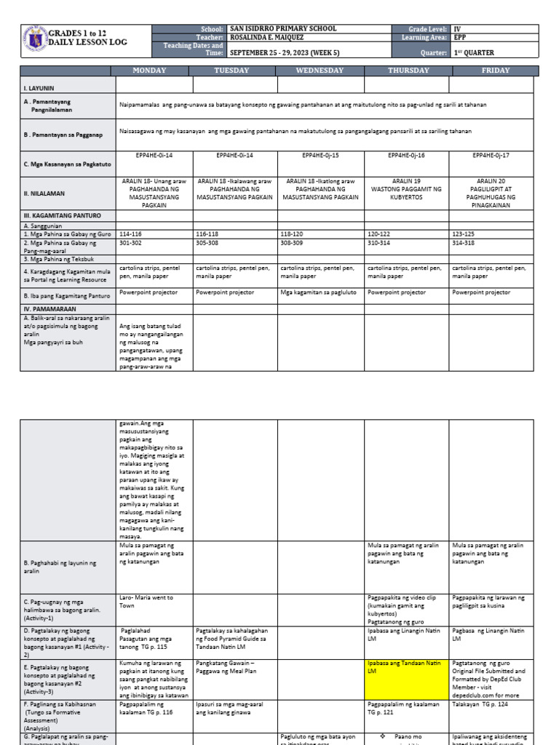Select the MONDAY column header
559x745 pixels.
tap(149, 71)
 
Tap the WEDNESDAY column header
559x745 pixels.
tap(320, 71)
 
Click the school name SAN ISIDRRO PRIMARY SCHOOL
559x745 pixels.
tap(283, 28)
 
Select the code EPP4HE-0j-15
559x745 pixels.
tap(320, 156)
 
